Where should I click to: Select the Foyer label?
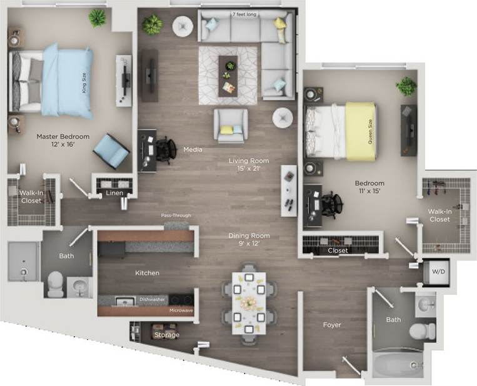(x=331, y=325)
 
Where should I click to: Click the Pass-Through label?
(x=176, y=216)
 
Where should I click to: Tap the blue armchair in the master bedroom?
(x=111, y=151)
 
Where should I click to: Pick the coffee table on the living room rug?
(x=228, y=76)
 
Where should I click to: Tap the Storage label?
(x=167, y=335)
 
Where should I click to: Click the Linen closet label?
(x=114, y=193)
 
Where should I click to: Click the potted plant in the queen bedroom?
(x=406, y=86)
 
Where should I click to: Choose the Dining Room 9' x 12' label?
(x=248, y=240)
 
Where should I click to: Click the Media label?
(x=191, y=150)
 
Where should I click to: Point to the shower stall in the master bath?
(x=24, y=262)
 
